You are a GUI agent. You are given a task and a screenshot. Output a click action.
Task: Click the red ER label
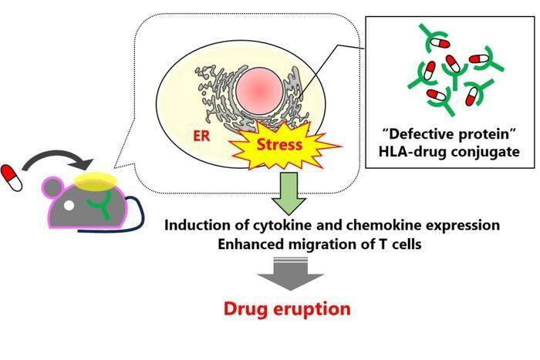pos(201,136)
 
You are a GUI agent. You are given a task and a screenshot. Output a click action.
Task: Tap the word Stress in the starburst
pos(279,145)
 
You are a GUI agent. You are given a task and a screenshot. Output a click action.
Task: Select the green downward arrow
pos(289,193)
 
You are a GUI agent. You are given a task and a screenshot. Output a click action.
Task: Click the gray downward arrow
pos(290,274)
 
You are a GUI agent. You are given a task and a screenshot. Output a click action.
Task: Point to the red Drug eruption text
pos(287,308)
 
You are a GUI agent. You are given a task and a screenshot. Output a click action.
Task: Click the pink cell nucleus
pos(260,91)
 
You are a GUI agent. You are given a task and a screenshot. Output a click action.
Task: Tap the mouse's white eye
pos(69,206)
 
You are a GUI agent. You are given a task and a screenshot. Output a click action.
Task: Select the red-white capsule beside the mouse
pos(12,178)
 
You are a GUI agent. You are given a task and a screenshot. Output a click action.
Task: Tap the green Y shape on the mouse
pos(100,205)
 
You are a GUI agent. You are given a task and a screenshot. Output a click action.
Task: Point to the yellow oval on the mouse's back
pos(95,181)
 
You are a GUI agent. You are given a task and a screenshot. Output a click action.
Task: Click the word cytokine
pos(283,225)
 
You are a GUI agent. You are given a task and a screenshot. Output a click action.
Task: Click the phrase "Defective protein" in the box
pos(448,133)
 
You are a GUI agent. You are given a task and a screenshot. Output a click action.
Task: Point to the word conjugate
pos(485,152)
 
